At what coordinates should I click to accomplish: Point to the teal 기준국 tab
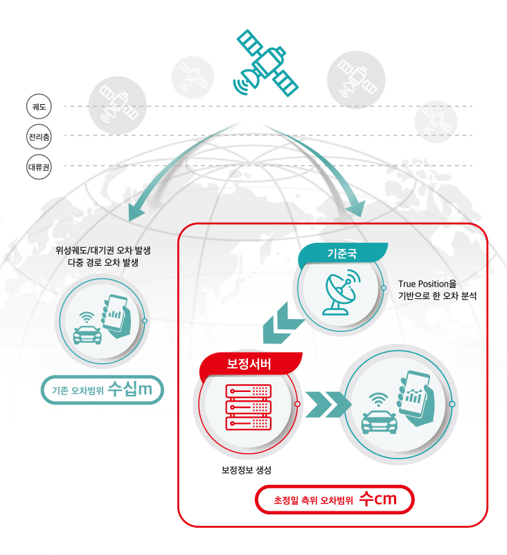coord(342,253)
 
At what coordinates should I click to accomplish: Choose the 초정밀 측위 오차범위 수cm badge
coord(335,499)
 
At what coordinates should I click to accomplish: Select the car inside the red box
coord(379,420)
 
